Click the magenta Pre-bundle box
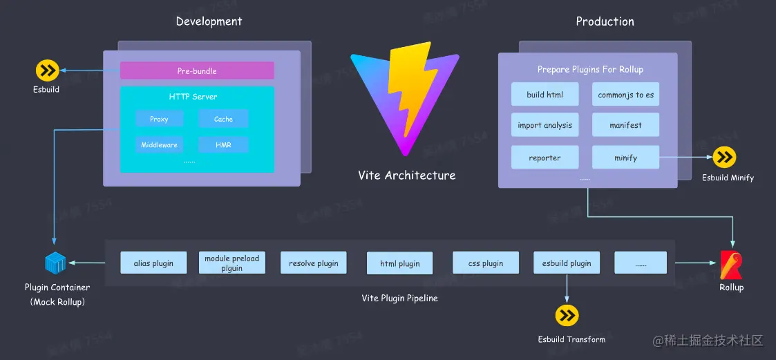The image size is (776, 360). (x=197, y=70)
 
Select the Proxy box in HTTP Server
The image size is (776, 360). (x=159, y=119)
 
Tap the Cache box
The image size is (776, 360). (x=223, y=119)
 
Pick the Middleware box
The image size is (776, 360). (x=159, y=145)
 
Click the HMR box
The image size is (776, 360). (x=223, y=145)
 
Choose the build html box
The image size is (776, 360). (x=545, y=95)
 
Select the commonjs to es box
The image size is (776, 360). (x=625, y=95)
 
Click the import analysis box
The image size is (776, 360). (x=545, y=125)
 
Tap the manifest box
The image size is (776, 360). (x=625, y=125)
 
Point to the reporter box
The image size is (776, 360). (x=545, y=158)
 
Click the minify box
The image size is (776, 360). (x=625, y=158)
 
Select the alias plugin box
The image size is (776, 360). (x=153, y=263)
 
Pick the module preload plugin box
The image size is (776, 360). (x=231, y=263)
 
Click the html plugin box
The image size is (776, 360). (x=399, y=263)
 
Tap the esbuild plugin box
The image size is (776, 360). (x=567, y=263)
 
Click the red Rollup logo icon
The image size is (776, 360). (x=730, y=264)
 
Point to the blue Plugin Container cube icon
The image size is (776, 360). (x=55, y=263)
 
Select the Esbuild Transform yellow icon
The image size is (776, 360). (x=567, y=316)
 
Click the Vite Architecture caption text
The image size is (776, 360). (x=406, y=176)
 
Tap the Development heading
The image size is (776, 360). (x=209, y=21)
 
